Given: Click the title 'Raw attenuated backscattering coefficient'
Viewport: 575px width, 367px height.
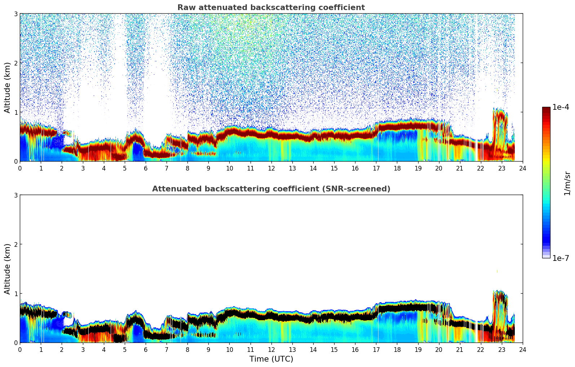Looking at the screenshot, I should click(271, 8).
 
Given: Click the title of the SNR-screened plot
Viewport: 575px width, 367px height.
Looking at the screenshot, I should click(271, 189).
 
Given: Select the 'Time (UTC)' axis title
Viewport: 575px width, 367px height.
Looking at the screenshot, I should click(271, 359).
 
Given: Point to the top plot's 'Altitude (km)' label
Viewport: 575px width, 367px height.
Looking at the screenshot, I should click(8, 87).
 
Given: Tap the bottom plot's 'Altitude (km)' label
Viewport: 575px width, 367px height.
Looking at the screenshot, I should click(8, 269).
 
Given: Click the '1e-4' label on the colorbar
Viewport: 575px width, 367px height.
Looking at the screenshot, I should click(561, 107).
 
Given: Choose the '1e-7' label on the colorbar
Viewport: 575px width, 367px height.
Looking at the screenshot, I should click(561, 258).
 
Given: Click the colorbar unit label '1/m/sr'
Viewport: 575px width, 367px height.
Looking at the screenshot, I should click(567, 183).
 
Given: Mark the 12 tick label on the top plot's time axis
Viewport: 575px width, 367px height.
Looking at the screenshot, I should click(271, 168).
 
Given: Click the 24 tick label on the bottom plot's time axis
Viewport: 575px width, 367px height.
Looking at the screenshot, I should click(522, 349).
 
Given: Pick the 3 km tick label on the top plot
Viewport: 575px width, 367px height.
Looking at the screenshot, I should click(16, 14).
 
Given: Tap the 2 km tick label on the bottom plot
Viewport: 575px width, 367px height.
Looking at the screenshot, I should click(16, 245).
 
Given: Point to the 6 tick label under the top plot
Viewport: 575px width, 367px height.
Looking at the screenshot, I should click(146, 168).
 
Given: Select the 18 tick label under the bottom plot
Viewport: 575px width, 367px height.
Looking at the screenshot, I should click(397, 349).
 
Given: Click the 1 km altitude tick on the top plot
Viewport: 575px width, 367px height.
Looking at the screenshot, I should click(16, 112).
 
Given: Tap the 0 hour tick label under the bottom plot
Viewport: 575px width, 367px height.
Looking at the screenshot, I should click(20, 349).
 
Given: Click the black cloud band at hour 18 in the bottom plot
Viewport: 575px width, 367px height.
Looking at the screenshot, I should click(397, 308).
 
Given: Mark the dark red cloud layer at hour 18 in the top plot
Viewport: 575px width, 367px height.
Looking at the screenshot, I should click(397, 126).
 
